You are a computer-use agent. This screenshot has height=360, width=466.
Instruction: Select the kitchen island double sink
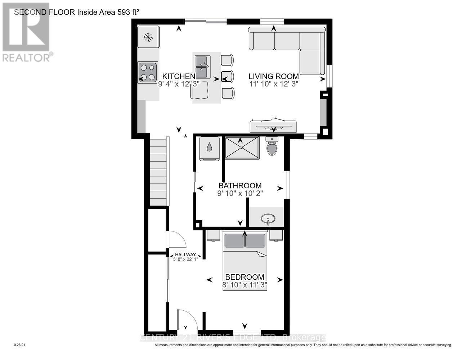(x=202, y=67)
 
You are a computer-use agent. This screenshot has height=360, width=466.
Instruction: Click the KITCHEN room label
(x=179, y=76)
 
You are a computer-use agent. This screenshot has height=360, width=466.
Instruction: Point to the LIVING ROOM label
(x=274, y=76)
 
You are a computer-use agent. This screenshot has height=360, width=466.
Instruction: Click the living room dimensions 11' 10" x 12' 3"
(x=274, y=84)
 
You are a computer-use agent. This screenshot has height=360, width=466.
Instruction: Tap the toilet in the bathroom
(x=272, y=147)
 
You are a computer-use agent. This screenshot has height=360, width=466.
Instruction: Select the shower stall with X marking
(x=242, y=147)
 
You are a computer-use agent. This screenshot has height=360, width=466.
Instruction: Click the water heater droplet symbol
(x=210, y=147)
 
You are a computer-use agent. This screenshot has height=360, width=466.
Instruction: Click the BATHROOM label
(x=240, y=186)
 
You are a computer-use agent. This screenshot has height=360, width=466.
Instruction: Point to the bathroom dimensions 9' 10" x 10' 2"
(x=240, y=193)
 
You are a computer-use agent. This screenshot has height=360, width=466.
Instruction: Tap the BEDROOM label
(x=245, y=277)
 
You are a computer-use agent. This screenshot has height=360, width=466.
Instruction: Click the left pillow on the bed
(x=234, y=240)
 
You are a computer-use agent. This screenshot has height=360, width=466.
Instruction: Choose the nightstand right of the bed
(x=276, y=235)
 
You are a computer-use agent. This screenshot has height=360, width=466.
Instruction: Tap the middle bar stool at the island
(x=227, y=76)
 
